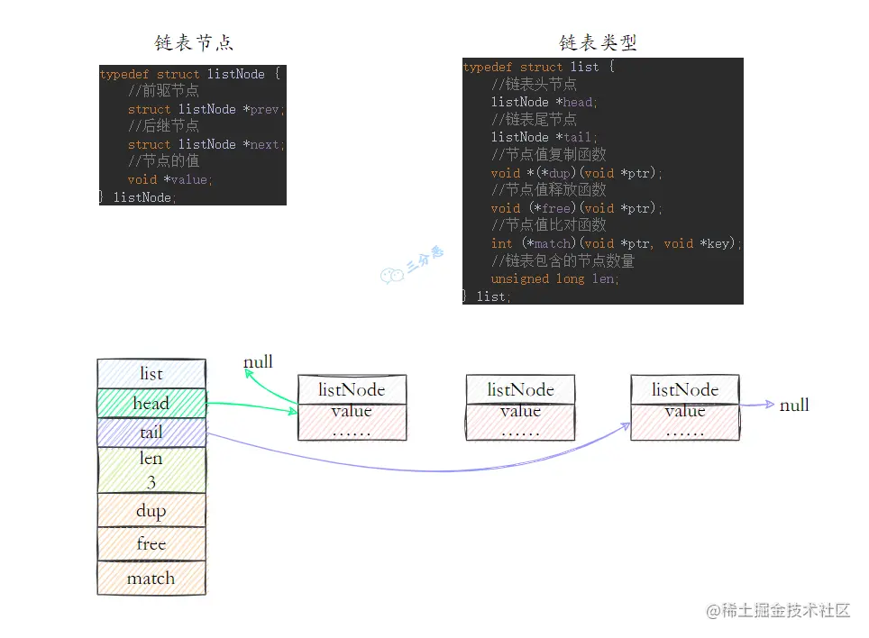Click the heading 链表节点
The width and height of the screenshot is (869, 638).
coord(194,42)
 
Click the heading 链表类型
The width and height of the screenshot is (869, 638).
coord(598,42)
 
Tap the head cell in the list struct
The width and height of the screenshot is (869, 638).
coord(151,403)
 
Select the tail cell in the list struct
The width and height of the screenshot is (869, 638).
coord(151,433)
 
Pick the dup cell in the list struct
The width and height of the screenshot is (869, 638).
coord(151,511)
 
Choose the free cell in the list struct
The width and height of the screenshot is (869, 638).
coord(151,544)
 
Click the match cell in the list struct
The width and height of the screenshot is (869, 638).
coord(151,579)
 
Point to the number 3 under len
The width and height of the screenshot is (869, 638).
coord(151,482)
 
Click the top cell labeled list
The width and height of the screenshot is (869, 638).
coord(151,373)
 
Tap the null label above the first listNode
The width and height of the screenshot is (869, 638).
coord(258,362)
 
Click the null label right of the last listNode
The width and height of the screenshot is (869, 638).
coord(794,406)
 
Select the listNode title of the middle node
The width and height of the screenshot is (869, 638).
coord(520,390)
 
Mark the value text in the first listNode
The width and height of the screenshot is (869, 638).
coord(352,411)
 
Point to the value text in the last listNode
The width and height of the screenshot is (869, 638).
coord(685,411)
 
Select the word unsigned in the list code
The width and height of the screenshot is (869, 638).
coord(520,278)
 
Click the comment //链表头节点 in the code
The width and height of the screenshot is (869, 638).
coord(535,85)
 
